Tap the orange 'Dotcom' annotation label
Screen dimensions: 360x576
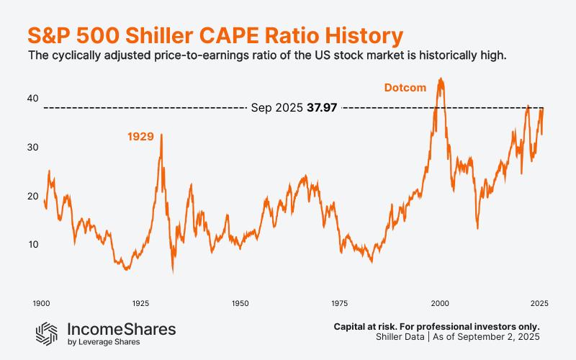[x=404, y=88]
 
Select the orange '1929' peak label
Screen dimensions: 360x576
[x=141, y=136]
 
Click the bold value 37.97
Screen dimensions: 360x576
[x=322, y=108]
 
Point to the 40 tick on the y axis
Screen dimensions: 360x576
[x=32, y=99]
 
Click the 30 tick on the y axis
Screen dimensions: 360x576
[x=32, y=148]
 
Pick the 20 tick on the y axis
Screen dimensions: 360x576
[x=32, y=196]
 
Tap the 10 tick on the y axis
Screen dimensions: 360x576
[x=32, y=245]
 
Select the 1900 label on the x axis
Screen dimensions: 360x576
[x=41, y=303]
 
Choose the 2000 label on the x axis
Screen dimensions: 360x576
[x=440, y=303]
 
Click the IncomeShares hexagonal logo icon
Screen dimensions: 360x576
[x=48, y=332]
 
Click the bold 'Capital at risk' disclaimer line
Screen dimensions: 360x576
[x=436, y=326]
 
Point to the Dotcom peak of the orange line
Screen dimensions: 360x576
[x=441, y=79]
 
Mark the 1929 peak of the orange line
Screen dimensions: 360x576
[x=161, y=135]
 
